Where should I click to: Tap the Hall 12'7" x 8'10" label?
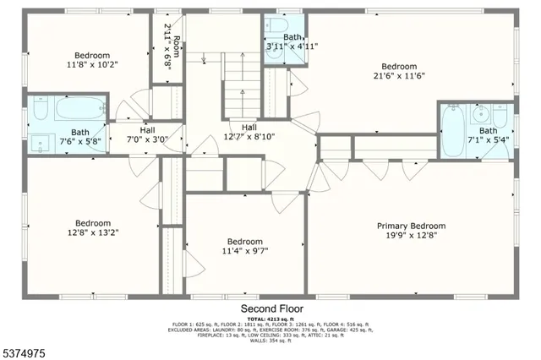click(x=249, y=131)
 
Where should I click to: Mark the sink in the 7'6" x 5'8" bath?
click(x=41, y=142)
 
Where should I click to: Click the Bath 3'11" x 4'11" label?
click(x=292, y=42)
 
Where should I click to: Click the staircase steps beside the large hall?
click(x=241, y=85)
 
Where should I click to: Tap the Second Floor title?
click(x=270, y=308)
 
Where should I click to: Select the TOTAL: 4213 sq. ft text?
click(x=270, y=319)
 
